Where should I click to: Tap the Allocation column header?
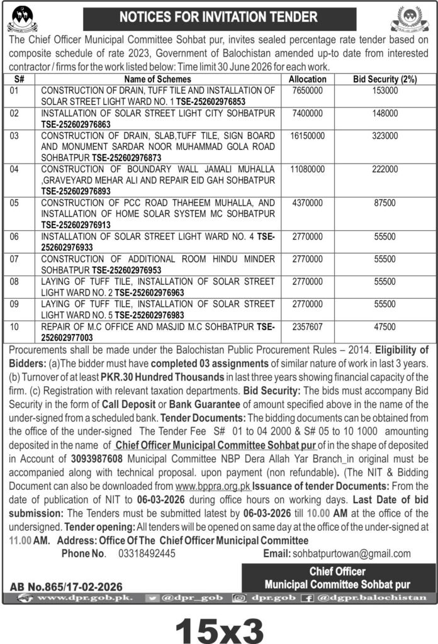point(307,79)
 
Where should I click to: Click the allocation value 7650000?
point(307,91)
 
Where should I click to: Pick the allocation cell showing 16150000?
point(307,135)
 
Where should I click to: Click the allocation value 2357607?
point(307,327)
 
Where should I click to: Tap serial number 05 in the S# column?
point(16,203)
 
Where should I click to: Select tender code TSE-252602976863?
point(72,124)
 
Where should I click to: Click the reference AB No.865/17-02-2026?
point(66,586)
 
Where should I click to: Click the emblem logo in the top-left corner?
point(23,19)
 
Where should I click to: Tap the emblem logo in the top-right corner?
point(410,19)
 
